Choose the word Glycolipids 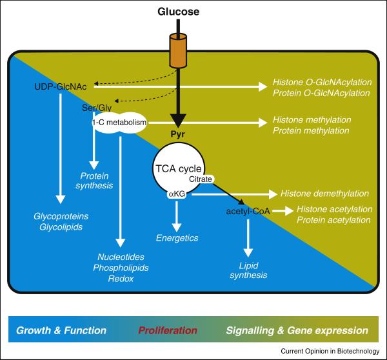[x=61, y=226]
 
